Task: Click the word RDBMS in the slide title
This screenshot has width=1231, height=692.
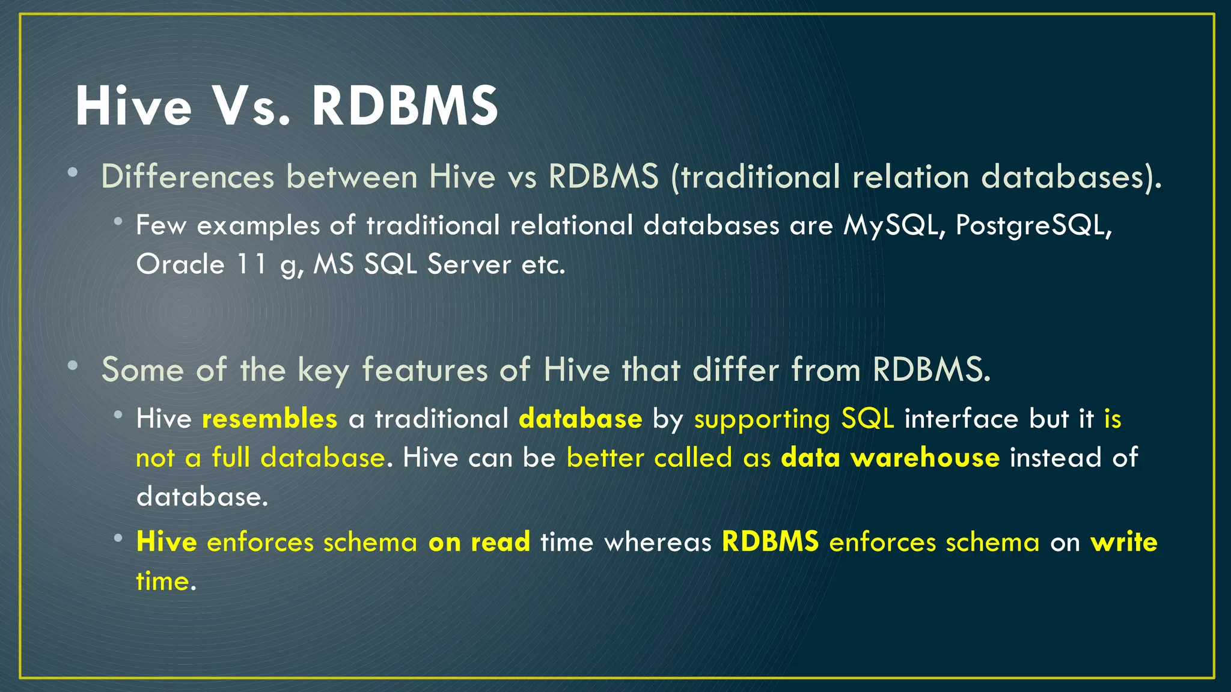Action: click(405, 106)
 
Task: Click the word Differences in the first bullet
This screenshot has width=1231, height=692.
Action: click(188, 177)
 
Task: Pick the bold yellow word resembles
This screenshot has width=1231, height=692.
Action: click(270, 419)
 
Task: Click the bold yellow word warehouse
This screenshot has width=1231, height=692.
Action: click(926, 458)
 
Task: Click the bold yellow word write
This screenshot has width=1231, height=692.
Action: click(1124, 542)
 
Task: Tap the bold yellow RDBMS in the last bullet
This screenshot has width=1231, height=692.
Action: click(770, 542)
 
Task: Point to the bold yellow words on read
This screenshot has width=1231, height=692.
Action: click(479, 542)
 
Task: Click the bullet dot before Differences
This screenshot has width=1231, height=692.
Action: click(73, 173)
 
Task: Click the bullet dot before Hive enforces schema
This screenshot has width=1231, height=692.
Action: click(118, 538)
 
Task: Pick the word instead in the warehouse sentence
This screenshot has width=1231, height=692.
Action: click(1055, 458)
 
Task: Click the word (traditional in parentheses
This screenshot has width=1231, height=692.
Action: click(754, 177)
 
